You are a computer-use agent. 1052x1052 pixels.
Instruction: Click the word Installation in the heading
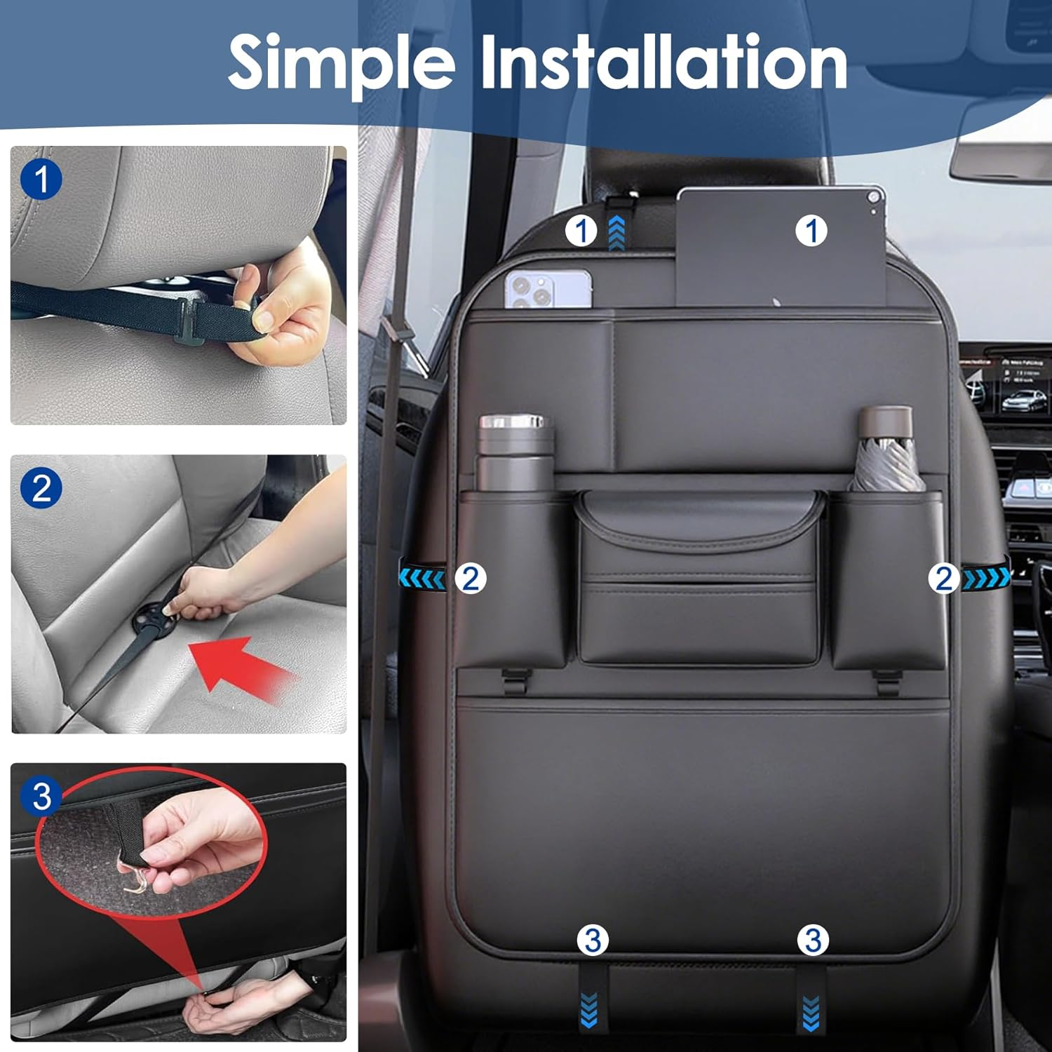pos(663,63)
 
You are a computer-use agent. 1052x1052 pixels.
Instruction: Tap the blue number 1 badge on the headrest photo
pos(41,180)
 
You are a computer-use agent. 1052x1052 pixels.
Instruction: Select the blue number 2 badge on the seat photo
pos(41,488)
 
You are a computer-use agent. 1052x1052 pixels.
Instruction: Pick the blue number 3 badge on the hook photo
pos(41,797)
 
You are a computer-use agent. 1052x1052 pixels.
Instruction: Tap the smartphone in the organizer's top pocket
pos(548,288)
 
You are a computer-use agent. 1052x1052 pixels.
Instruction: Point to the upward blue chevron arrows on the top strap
pos(616,233)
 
